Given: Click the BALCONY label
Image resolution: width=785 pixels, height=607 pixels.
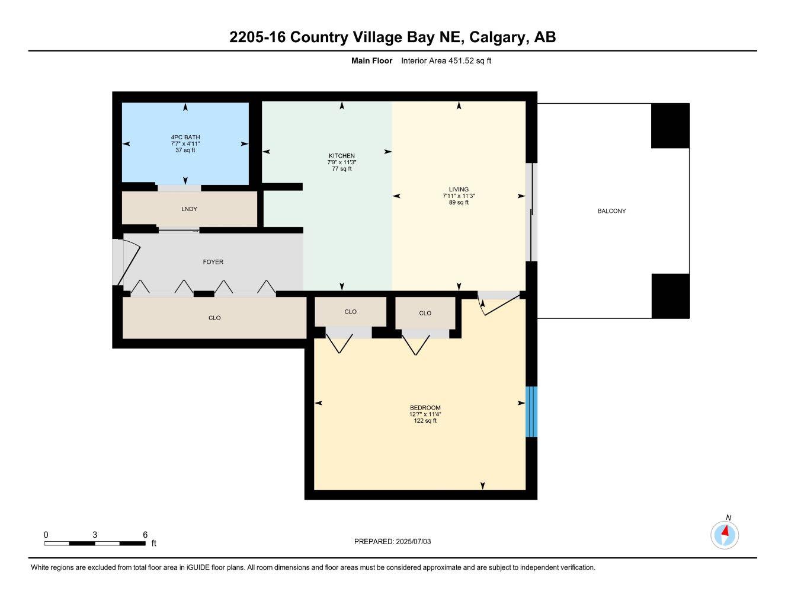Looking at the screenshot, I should [x=611, y=211].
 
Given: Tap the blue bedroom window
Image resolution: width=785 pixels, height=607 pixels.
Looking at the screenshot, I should [x=531, y=411].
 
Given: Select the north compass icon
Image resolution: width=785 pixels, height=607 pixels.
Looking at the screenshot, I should [x=725, y=535].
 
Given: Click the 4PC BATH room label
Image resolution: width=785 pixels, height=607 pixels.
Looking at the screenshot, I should [x=185, y=138].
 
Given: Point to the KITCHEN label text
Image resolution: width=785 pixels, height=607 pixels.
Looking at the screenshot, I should [x=342, y=156].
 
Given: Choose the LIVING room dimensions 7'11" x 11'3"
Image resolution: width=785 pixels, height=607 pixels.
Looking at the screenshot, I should [x=459, y=196].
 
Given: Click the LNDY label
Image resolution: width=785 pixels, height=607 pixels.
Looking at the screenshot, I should [x=190, y=209].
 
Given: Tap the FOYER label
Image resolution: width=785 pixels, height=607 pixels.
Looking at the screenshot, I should [x=213, y=262].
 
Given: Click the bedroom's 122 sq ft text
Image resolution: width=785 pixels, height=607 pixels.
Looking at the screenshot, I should [x=425, y=421].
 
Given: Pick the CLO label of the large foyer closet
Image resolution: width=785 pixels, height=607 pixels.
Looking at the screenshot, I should [x=214, y=318].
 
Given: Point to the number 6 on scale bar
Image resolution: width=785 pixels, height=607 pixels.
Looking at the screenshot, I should [x=145, y=535].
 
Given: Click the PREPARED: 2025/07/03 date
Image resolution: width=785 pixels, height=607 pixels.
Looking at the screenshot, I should [x=392, y=542].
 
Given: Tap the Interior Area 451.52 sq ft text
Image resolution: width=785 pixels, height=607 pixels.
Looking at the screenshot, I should [x=446, y=60].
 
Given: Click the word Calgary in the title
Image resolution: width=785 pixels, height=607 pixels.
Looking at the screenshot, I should [x=498, y=37].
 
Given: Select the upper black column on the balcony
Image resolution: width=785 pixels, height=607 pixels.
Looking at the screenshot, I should [x=670, y=126].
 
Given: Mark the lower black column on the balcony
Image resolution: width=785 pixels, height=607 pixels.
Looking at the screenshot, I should [x=670, y=296].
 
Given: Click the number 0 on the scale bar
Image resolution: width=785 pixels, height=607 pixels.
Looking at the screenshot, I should [x=46, y=535].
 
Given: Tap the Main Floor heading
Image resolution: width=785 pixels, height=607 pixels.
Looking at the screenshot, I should [x=371, y=60].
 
